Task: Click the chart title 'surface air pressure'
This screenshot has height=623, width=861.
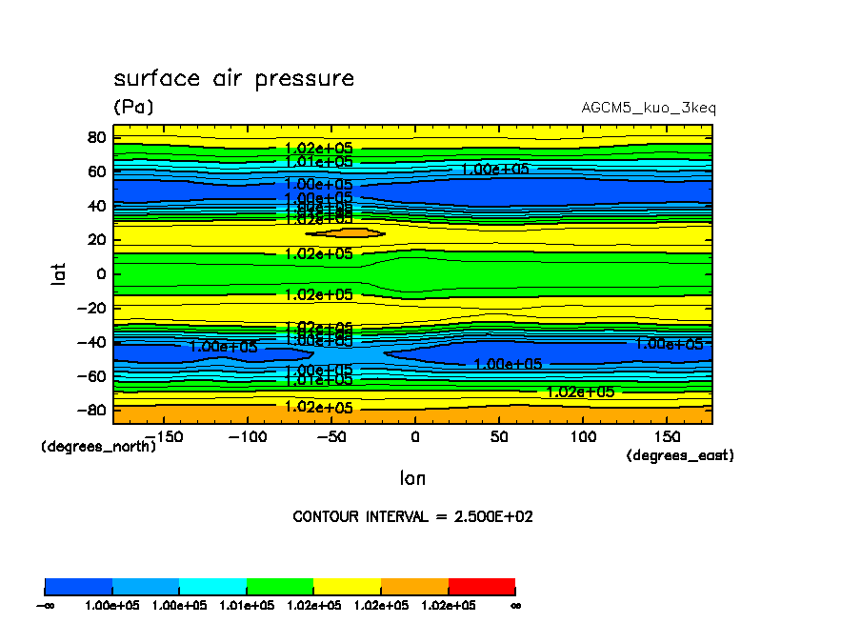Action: click(233, 79)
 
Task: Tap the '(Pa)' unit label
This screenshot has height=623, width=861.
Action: click(133, 108)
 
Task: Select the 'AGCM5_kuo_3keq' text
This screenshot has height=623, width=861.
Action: click(649, 108)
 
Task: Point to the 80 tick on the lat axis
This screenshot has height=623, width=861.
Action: click(95, 136)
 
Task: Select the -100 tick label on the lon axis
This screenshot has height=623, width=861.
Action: click(243, 436)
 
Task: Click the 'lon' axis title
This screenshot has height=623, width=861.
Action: click(412, 478)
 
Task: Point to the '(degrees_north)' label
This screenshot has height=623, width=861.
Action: click(99, 446)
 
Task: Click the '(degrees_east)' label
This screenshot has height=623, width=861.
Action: click(680, 456)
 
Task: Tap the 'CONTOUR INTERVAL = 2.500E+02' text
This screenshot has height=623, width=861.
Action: click(412, 517)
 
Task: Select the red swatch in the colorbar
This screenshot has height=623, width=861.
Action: click(482, 586)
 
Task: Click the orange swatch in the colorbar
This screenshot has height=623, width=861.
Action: click(414, 586)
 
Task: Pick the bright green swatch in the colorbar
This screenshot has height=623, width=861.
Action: click(280, 586)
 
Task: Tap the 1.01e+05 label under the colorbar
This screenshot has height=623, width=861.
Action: click(247, 605)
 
